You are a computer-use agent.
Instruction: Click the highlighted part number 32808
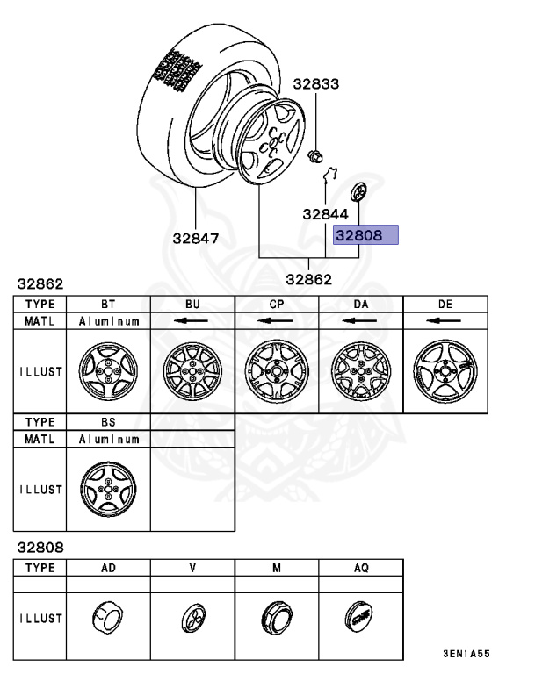tap(359, 235)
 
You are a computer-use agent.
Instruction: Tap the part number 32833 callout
tap(316, 84)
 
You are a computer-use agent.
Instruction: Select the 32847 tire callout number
tap(196, 238)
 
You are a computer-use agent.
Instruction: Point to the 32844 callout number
tap(325, 214)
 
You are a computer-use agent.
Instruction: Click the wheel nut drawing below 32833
tap(315, 156)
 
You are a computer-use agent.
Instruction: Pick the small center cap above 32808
tap(358, 191)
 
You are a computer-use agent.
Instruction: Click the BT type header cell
tap(108, 305)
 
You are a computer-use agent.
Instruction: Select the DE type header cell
tap(445, 305)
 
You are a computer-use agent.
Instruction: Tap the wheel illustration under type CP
tap(277, 371)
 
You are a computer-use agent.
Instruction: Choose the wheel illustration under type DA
tap(361, 371)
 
